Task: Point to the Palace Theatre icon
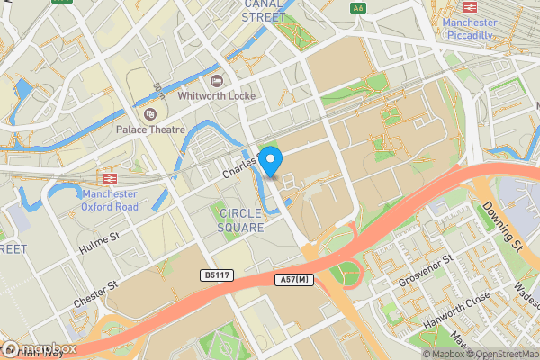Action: pos(149,114)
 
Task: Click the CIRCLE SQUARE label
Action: pos(240,220)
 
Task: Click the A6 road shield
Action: pos(359,8)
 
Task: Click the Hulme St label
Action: pos(102,239)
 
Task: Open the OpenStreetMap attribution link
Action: pos(502,354)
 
